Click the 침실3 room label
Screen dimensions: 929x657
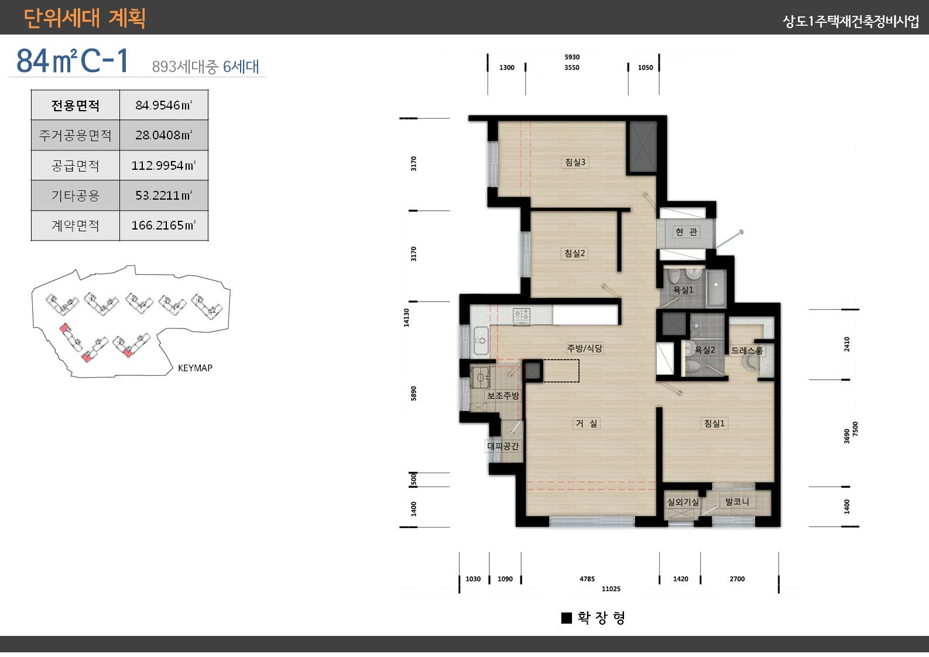point(575,162)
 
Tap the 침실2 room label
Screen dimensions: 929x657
point(574,254)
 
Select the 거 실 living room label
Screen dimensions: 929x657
point(586,423)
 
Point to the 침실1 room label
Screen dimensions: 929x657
point(714,423)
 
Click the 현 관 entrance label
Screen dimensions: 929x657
point(687,232)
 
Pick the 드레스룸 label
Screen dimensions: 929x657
point(746,351)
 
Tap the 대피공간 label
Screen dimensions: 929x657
point(503,446)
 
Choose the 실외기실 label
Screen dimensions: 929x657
point(683,502)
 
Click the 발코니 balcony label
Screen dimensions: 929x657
point(737,502)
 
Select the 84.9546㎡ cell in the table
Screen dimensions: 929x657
point(164,105)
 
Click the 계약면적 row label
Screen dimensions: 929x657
point(76,225)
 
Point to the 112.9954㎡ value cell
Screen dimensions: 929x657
point(164,166)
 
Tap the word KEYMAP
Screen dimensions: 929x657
point(195,368)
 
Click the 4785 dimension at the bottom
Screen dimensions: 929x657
point(587,579)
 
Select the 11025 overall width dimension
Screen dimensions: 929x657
point(611,589)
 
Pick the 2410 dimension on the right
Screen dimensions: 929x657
point(846,344)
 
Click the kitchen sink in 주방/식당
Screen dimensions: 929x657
point(481,341)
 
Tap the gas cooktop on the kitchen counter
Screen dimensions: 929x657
point(522,315)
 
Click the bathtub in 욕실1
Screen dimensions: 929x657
point(716,288)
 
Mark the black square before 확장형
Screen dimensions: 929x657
point(566,618)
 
